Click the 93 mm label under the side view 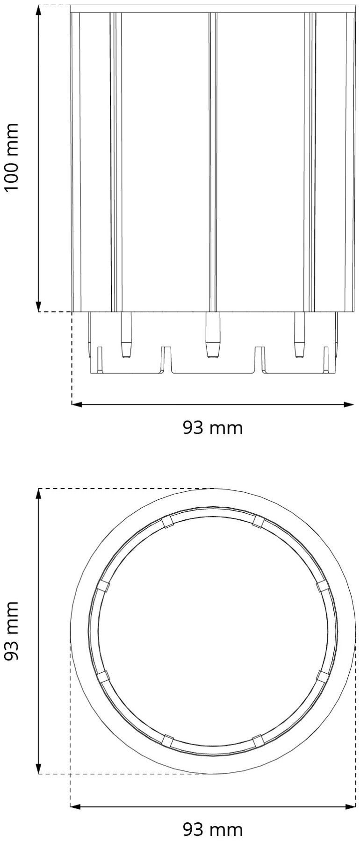click(x=213, y=427)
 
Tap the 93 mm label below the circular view click(x=213, y=830)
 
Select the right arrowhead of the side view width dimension click(x=348, y=404)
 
